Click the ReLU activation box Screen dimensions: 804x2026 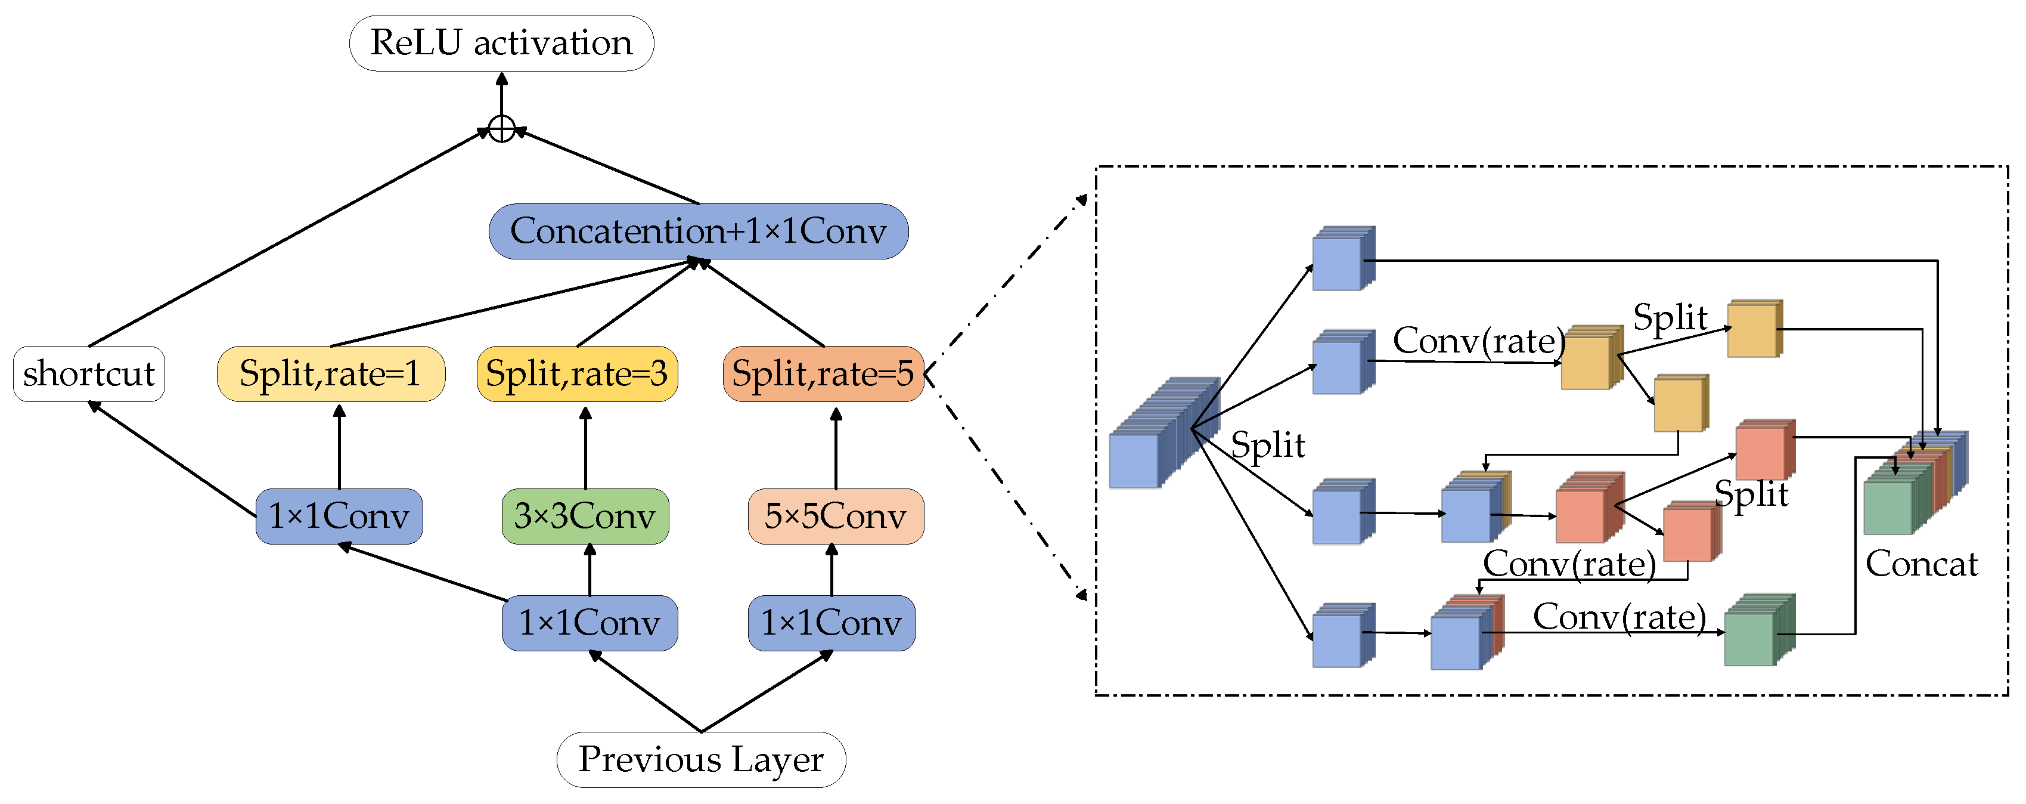click(501, 44)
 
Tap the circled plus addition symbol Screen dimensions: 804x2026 click(502, 128)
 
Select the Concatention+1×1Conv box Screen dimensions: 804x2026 click(699, 231)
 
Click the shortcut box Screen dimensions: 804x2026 click(89, 374)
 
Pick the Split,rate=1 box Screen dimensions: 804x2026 click(330, 374)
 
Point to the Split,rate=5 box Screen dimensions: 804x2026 click(823, 374)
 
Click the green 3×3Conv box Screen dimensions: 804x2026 click(585, 516)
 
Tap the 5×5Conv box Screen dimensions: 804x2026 click(835, 516)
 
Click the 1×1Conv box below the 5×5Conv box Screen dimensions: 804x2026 click(832, 623)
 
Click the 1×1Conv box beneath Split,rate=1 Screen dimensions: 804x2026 click(339, 516)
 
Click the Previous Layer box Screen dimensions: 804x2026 click(701, 759)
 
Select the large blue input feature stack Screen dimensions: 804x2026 click(1156, 441)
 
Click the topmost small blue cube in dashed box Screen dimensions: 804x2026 click(1342, 259)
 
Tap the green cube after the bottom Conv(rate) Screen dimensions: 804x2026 click(1758, 631)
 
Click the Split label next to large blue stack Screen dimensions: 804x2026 click(1267, 446)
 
